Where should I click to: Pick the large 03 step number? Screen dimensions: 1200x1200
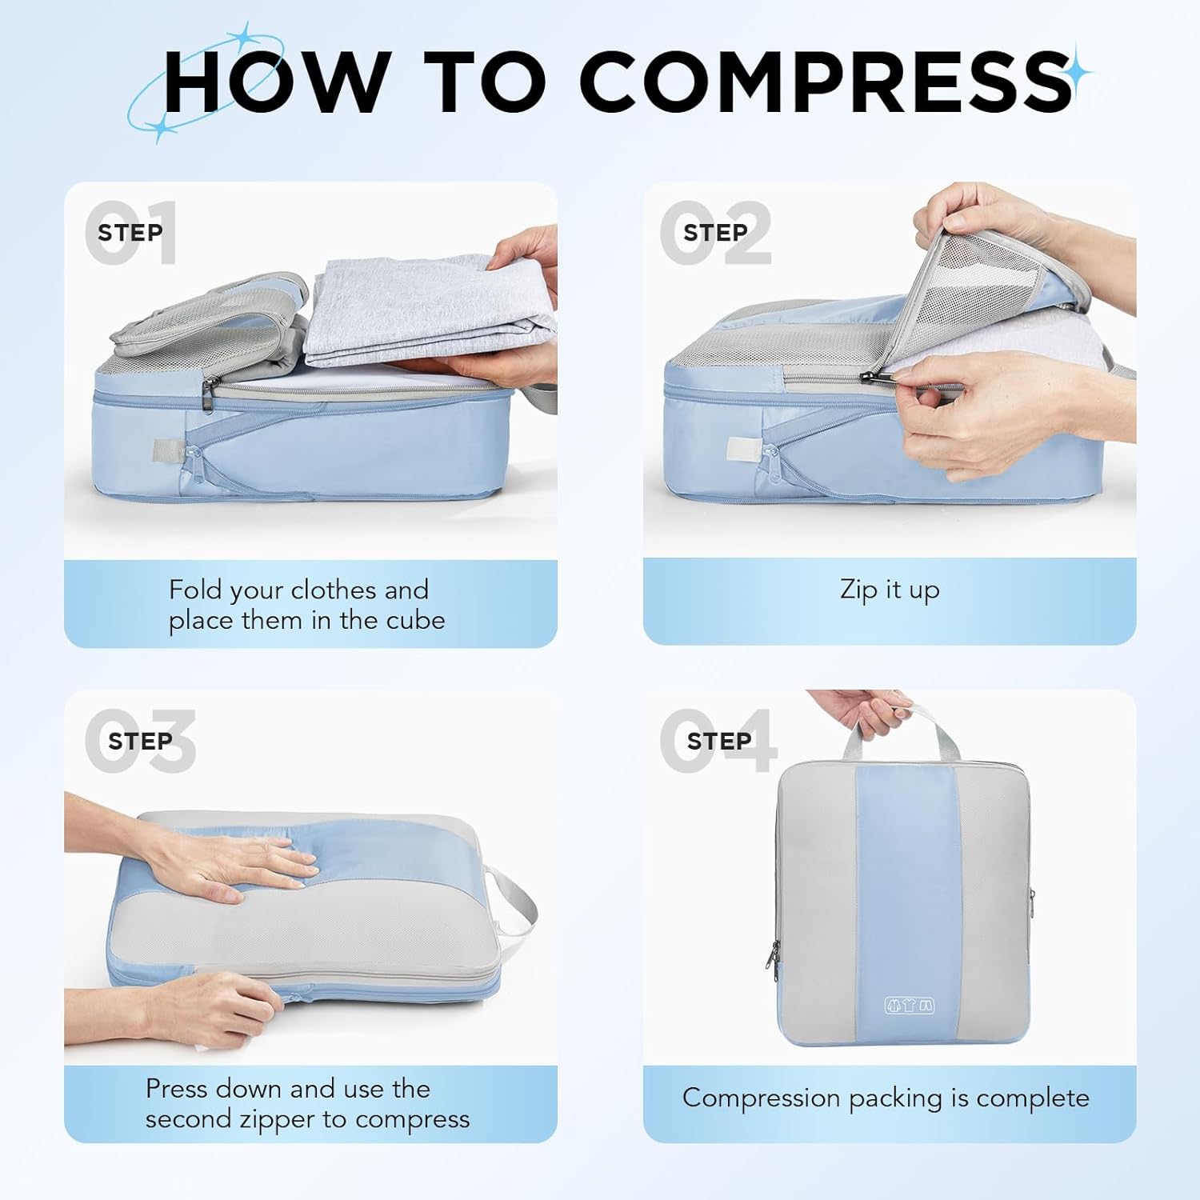(140, 741)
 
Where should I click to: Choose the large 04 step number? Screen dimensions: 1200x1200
(718, 741)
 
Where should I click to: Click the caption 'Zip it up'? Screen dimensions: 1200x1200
(890, 590)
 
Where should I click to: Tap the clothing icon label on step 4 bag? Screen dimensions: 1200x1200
(909, 1006)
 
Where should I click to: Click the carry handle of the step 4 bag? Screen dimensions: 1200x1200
(900, 728)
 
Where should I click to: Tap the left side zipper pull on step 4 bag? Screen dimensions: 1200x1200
(774, 954)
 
